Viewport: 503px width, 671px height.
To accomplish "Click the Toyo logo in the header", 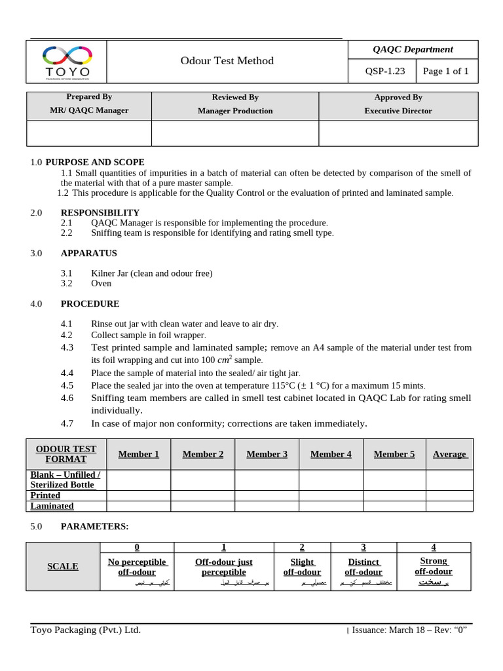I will point(66,62).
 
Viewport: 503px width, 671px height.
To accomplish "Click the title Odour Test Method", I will point(227,61).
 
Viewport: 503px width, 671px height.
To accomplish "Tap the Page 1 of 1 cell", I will point(445,71).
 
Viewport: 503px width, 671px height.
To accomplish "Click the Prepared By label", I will point(90,97).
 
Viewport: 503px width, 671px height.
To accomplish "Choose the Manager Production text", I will point(235,111).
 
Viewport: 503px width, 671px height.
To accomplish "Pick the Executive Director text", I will point(398,111).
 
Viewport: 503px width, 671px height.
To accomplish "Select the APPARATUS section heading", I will point(89,253).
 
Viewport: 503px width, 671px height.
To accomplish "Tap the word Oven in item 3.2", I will point(101,283).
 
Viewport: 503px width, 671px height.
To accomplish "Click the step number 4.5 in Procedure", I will point(67,385).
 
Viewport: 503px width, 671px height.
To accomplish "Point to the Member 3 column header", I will point(267,454).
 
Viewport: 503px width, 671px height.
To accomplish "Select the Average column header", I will point(449,454).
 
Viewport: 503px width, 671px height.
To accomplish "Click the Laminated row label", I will point(52,506).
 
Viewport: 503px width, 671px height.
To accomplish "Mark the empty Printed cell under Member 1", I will point(138,495).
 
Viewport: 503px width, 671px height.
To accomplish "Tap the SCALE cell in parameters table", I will point(63,566).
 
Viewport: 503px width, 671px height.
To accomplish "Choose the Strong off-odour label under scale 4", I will point(434,566).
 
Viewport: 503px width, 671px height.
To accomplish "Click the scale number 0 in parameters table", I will point(137,547).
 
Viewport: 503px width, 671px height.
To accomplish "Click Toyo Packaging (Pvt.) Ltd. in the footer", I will point(86,630).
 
